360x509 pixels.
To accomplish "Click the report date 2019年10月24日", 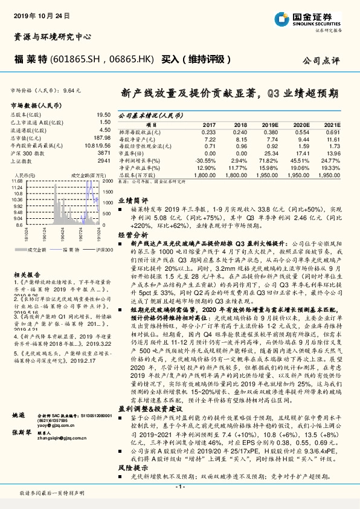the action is coord(35,13).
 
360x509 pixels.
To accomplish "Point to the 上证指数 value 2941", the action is coord(104,161).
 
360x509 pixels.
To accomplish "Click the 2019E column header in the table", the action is coord(262,124).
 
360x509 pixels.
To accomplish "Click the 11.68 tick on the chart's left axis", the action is coord(16,181).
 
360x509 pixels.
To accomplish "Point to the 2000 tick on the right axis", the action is coord(108,181).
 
